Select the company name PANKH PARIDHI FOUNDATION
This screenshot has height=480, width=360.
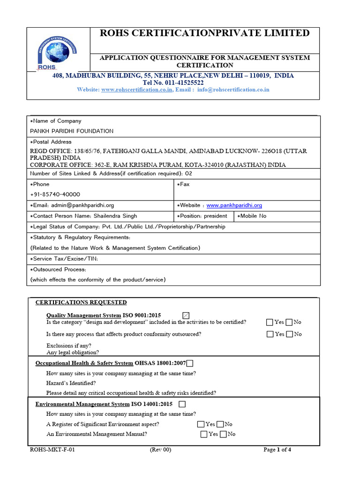pyautogui.click(x=72, y=131)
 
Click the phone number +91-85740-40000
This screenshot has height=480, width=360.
pyautogui.click(x=55, y=195)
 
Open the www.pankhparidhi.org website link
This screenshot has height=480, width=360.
pyautogui.click(x=234, y=205)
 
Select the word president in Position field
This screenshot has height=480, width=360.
pyautogui.click(x=217, y=216)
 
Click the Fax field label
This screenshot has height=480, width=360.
pyautogui.click(x=183, y=184)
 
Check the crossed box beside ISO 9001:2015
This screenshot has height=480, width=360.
pyautogui.click(x=186, y=315)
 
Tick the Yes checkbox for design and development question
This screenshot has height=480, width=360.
pyautogui.click(x=270, y=322)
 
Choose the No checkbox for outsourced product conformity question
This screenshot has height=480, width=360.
pyautogui.click(x=289, y=334)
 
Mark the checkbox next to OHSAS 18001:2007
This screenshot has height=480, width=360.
pyautogui.click(x=189, y=363)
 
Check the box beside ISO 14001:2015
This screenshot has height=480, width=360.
pyautogui.click(x=182, y=404)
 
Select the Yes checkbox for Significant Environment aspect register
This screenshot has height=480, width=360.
pyautogui.click(x=201, y=424)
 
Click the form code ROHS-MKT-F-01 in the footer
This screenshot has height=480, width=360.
pyautogui.click(x=52, y=450)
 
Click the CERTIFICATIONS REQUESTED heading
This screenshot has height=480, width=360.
pyautogui.click(x=81, y=302)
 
